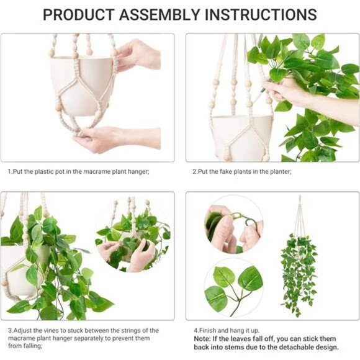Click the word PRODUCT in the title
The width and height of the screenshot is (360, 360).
(78, 15)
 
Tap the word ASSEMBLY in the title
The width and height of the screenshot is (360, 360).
(160, 15)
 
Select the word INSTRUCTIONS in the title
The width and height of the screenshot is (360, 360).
(261, 15)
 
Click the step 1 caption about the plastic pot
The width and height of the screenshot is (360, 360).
(79, 171)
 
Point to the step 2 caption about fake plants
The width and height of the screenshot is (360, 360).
(242, 171)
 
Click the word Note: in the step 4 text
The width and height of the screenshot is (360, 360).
(202, 339)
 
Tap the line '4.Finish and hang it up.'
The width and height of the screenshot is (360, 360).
(227, 331)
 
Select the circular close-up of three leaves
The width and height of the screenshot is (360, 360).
(234, 287)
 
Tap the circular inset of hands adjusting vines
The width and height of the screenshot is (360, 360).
(133, 234)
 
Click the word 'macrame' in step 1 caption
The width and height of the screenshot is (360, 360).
(97, 171)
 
